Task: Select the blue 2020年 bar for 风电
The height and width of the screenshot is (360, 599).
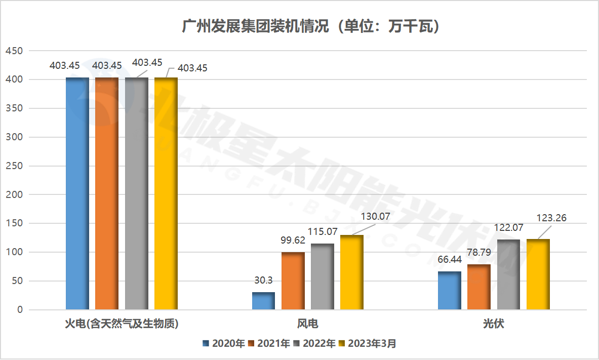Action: tap(263, 301)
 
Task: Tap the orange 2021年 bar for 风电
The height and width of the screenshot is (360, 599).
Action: tap(293, 281)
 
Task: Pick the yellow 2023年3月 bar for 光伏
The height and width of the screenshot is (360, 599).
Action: tap(538, 274)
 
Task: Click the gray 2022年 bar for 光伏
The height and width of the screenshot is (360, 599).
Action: tap(508, 274)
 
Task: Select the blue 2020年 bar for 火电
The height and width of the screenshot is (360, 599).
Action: tap(77, 193)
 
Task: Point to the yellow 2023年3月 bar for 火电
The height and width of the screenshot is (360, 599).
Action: tap(166, 193)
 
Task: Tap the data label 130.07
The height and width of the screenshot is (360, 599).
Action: tap(375, 217)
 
